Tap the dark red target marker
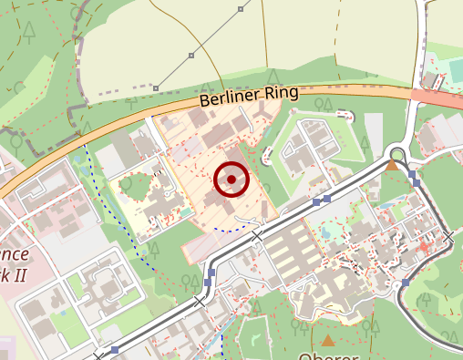tap(231, 180)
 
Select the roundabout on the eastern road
tap(397, 152)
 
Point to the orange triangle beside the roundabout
tap(392, 165)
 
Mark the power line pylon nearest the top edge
tap(241, 9)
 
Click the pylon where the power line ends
tap(156, 88)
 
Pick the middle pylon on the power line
tap(192, 56)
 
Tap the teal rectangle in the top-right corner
tap(456, 70)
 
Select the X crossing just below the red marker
tap(256, 236)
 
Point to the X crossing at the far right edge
tap(448, 237)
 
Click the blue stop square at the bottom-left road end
tap(115, 349)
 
